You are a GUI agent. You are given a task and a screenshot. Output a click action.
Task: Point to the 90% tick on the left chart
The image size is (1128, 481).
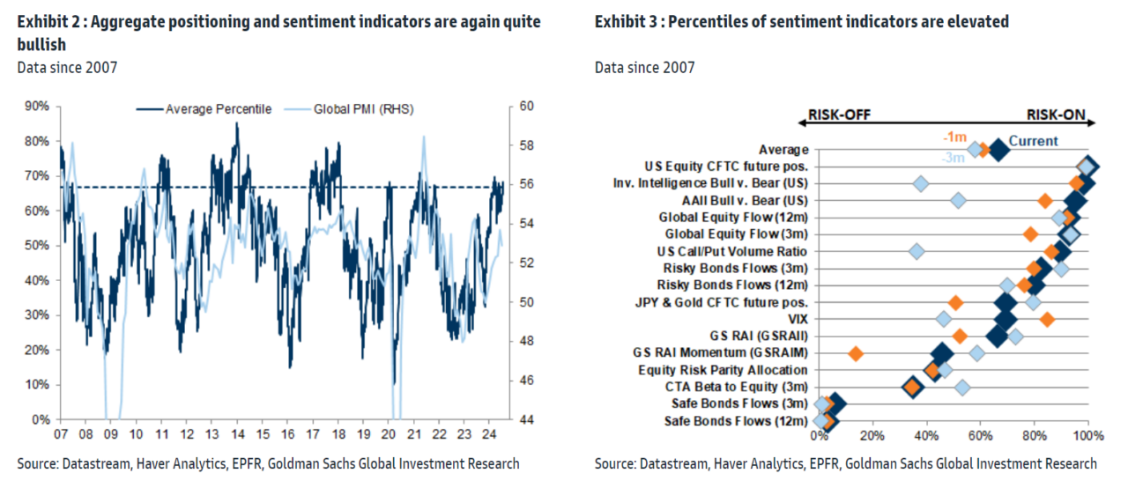pos(37,106)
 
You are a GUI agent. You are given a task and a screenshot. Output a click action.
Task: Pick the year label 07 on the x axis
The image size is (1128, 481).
pos(60,434)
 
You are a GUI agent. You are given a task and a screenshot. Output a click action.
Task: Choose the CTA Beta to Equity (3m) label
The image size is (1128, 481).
pos(736,387)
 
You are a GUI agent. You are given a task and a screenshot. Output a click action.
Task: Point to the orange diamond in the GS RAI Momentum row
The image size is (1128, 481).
pos(855,353)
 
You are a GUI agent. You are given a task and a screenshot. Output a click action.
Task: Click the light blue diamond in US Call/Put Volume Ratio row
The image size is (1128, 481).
pos(916,252)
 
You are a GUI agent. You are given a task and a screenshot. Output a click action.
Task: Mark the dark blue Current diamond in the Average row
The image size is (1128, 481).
pos(998,151)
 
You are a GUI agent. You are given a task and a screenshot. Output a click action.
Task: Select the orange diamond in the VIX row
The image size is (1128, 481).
pos(1046,319)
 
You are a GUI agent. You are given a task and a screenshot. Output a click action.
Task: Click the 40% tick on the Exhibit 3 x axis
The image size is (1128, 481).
pos(925,434)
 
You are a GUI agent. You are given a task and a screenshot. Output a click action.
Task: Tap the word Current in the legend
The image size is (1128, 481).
pos(1033,141)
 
